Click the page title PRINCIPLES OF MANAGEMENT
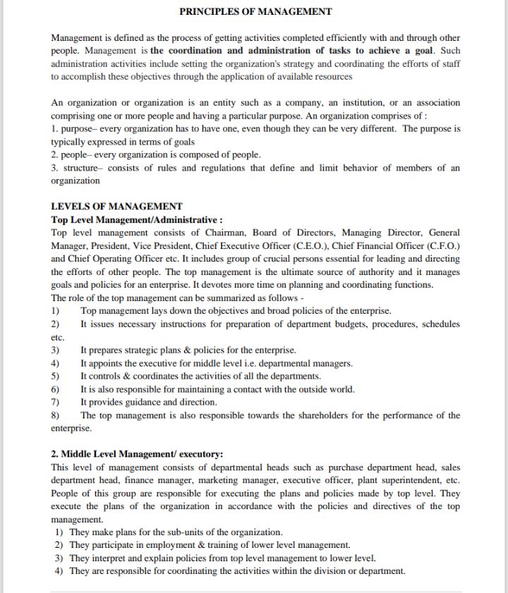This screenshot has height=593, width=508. (x=255, y=11)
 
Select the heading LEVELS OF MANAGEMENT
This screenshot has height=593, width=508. (x=116, y=207)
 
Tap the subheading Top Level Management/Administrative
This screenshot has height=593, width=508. (x=137, y=219)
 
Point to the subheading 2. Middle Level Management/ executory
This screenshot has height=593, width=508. (x=137, y=454)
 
